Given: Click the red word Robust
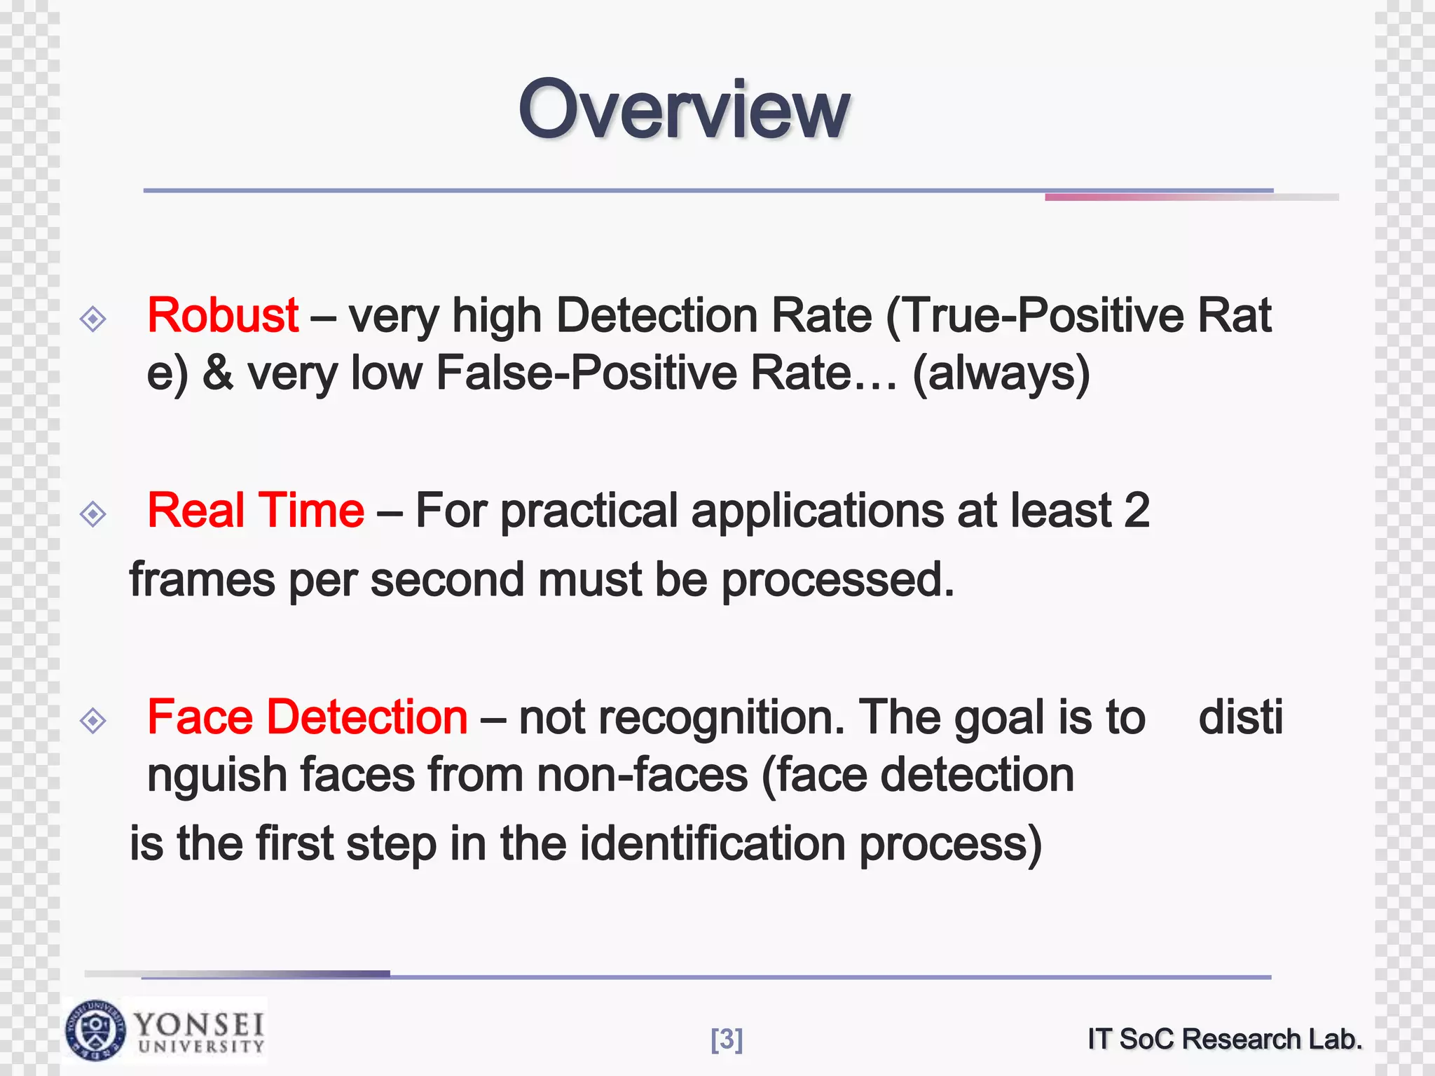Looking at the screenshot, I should [223, 316].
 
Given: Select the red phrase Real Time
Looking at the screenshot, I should [256, 511].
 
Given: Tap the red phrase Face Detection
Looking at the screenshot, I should [308, 717].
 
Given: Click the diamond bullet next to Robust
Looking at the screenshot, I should [93, 319].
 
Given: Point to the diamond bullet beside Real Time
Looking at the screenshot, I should [93, 515].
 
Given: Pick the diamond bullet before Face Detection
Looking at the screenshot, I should [93, 721].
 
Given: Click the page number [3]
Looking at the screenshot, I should [727, 1040].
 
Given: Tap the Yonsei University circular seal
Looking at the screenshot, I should [96, 1030].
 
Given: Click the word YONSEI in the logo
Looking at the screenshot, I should [200, 1024].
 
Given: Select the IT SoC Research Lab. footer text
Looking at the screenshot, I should [1225, 1039].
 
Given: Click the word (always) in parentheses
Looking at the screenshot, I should [1001, 373].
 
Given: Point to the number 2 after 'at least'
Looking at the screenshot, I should [1137, 511].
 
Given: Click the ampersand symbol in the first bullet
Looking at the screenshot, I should [218, 373].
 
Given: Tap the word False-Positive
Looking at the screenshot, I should [586, 373].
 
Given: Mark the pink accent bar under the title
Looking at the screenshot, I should [1191, 198].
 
